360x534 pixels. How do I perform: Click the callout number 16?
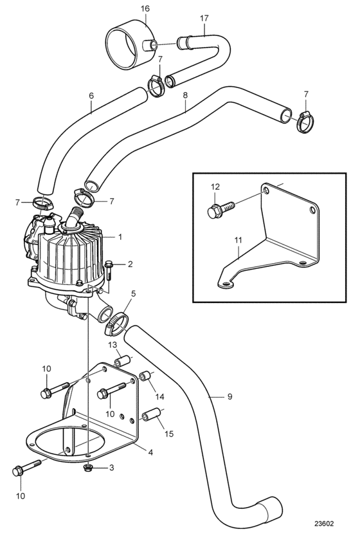[145, 8]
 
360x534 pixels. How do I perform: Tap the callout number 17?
[204, 18]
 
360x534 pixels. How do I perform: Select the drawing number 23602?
[323, 523]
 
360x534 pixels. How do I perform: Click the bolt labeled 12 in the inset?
[221, 208]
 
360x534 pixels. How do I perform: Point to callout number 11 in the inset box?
[239, 240]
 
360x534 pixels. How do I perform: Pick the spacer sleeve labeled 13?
[123, 361]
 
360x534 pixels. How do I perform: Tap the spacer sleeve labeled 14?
[146, 376]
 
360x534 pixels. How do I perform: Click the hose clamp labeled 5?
[116, 324]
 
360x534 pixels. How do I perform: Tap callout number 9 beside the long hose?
[230, 396]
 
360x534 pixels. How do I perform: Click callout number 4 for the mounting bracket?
[150, 452]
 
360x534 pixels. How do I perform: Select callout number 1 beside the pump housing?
[120, 237]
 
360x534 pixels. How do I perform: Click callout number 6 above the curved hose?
[91, 96]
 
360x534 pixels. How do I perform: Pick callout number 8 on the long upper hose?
[185, 95]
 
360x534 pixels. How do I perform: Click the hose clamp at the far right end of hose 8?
[305, 122]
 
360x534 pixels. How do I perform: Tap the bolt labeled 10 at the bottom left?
[26, 468]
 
